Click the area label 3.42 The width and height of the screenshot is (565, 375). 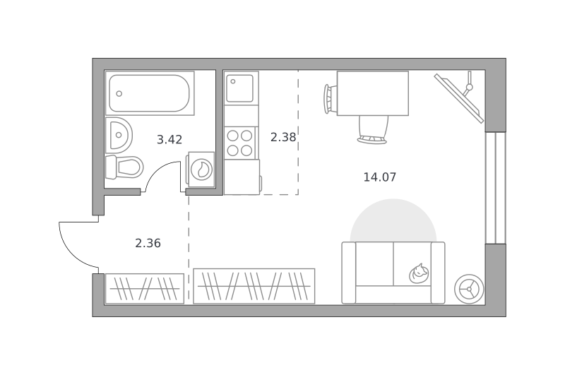(x=169, y=139)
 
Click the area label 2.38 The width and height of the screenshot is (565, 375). (x=283, y=137)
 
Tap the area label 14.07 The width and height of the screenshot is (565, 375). (x=380, y=177)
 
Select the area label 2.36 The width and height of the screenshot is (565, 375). (x=148, y=244)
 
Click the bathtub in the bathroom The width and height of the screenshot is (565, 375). (x=150, y=93)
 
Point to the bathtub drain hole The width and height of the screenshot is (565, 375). (x=119, y=94)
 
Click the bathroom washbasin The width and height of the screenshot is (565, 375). (x=119, y=135)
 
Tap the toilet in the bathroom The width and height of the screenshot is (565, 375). (x=124, y=167)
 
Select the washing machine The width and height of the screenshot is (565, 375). (x=201, y=169)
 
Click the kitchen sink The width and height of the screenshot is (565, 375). (x=239, y=88)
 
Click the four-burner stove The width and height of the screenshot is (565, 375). (x=239, y=143)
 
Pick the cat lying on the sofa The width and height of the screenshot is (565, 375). (x=419, y=274)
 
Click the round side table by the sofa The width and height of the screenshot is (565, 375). (x=469, y=289)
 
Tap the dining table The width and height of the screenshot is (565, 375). (x=373, y=93)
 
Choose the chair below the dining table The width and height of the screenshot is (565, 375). (x=373, y=130)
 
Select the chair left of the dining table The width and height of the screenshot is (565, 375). (x=331, y=99)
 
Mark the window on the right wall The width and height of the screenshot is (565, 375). (x=496, y=188)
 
